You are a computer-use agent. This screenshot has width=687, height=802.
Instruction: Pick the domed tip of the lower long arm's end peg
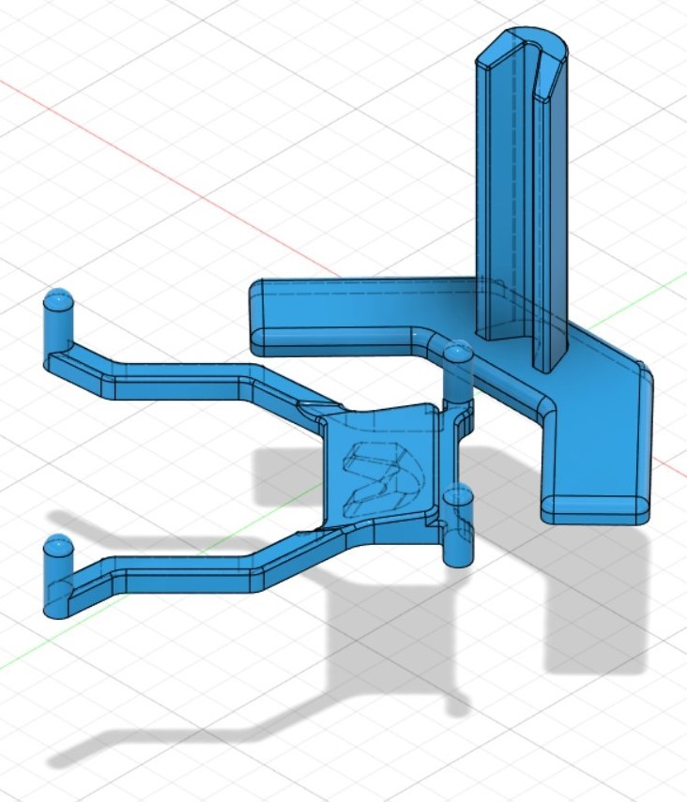[x=58, y=545]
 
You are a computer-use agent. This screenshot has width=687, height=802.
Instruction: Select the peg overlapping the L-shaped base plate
[x=458, y=371]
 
